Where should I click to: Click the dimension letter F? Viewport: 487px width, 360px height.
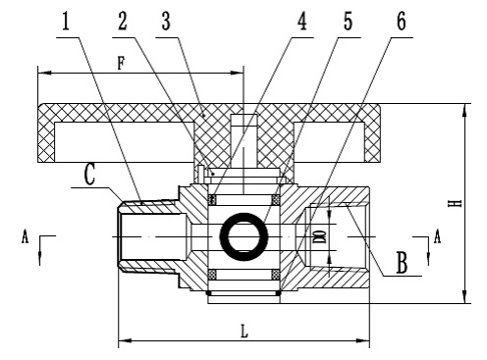click(x=121, y=63)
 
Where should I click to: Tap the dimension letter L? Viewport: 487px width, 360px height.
click(x=244, y=331)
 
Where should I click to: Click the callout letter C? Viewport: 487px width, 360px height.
click(x=89, y=175)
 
